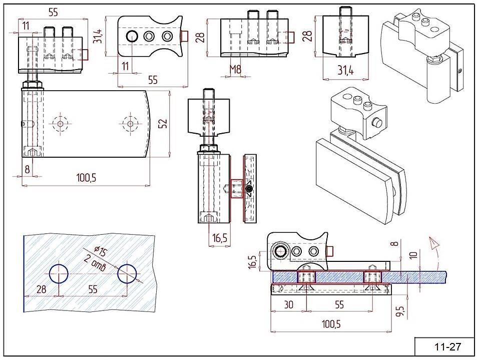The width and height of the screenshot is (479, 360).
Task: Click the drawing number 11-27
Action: point(447,346)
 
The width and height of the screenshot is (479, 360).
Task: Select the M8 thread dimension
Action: point(235,70)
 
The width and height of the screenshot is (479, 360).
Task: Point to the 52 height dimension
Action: point(163,123)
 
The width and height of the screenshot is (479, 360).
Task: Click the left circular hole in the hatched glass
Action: point(59,273)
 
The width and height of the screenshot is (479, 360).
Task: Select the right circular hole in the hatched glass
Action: point(127,273)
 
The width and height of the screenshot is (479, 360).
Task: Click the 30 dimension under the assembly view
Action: point(288,304)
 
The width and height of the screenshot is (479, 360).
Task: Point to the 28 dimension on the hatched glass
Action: point(41,289)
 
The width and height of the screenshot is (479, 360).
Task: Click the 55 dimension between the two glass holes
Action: point(93,289)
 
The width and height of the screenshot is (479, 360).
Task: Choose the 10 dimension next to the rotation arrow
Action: point(413,255)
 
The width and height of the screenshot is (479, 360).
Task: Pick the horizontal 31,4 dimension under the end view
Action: point(345,71)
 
